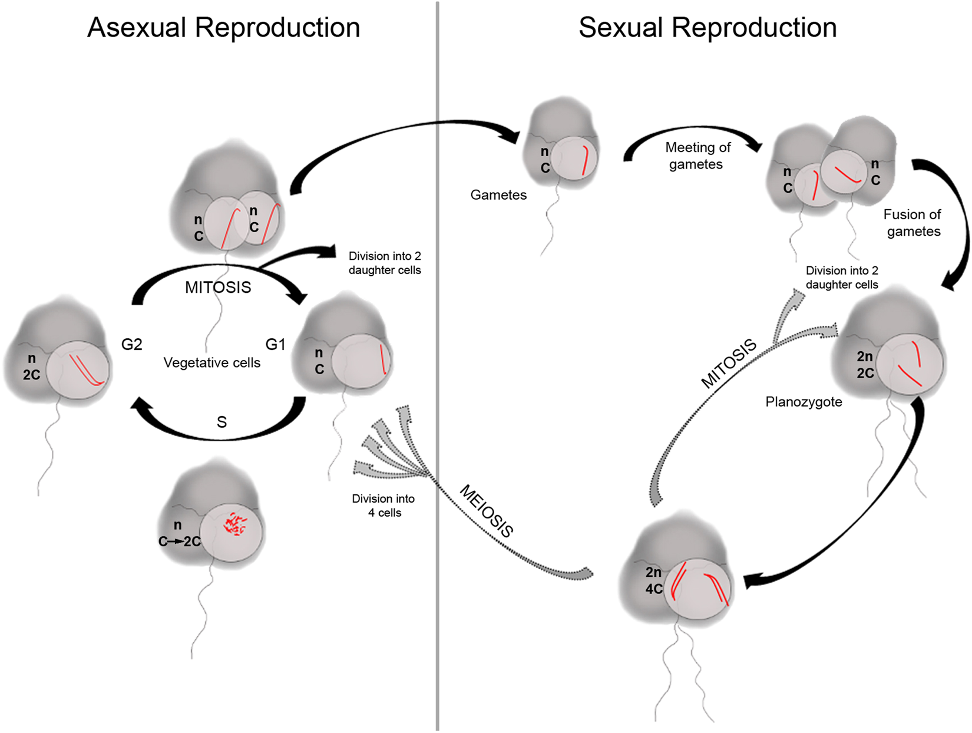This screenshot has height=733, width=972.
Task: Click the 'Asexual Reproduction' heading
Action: pyautogui.click(x=223, y=28)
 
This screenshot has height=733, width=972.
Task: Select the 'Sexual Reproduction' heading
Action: pyautogui.click(x=707, y=28)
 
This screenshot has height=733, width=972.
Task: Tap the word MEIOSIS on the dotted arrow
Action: pyautogui.click(x=487, y=511)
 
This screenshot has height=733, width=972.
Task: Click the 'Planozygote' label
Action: pyautogui.click(x=804, y=402)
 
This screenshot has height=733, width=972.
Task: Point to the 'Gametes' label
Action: pyautogui.click(x=498, y=195)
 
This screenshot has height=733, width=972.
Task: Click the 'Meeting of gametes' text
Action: pyautogui.click(x=697, y=156)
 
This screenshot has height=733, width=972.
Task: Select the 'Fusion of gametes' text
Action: pyautogui.click(x=913, y=223)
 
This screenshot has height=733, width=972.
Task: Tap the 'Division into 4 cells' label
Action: pyautogui.click(x=383, y=506)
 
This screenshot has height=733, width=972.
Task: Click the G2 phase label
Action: pyautogui.click(x=131, y=345)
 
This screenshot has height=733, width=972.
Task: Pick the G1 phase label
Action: pyautogui.click(x=275, y=345)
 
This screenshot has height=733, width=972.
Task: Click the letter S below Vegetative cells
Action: pyautogui.click(x=221, y=422)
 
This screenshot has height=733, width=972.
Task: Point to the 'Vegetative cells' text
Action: pyautogui.click(x=211, y=363)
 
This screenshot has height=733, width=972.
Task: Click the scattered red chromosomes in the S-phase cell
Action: pyautogui.click(x=235, y=524)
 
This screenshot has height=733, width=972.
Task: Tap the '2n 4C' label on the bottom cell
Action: pyautogui.click(x=653, y=580)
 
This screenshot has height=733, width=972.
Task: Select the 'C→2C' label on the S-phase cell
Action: pyautogui.click(x=180, y=542)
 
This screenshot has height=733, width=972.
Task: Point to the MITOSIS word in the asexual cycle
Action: pyautogui.click(x=218, y=288)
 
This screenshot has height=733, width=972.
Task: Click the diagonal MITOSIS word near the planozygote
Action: pyautogui.click(x=729, y=364)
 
